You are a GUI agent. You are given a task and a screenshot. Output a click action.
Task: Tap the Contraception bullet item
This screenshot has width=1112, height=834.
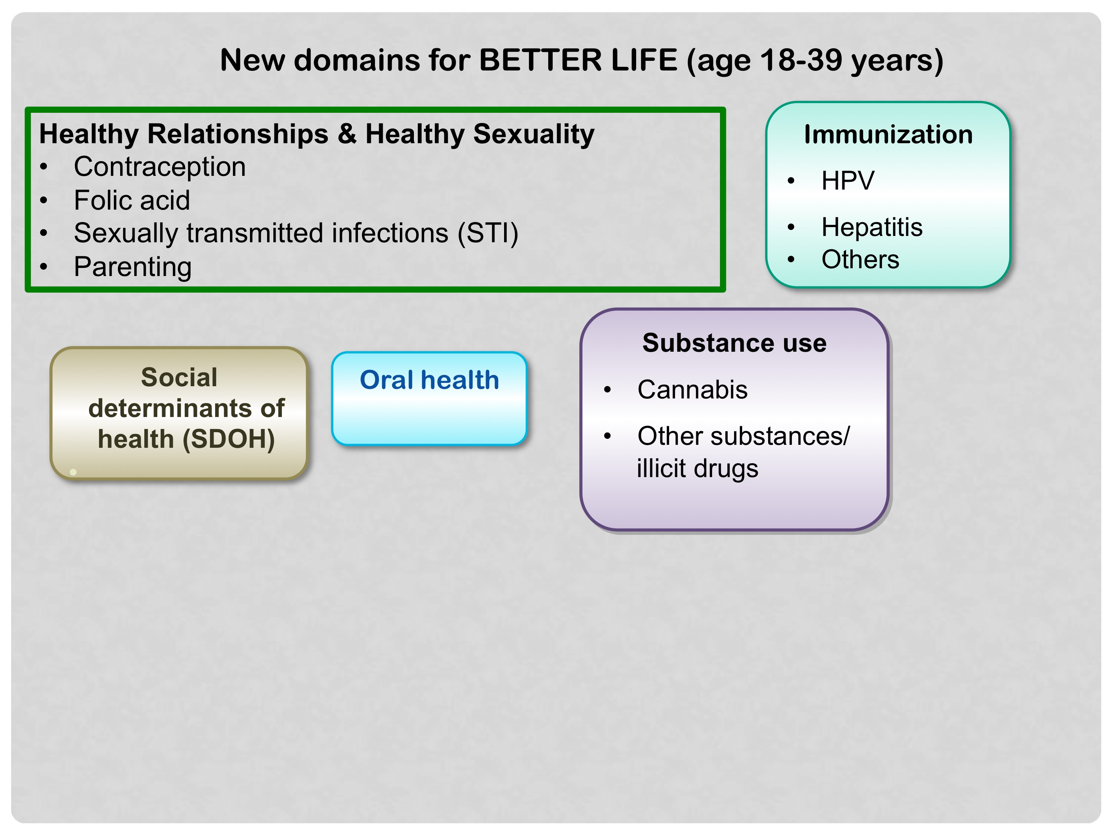tap(160, 167)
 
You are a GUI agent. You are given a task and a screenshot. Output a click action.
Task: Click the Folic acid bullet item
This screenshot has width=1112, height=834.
tap(132, 200)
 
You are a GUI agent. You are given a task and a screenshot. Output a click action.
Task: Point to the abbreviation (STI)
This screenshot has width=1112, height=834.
tap(488, 233)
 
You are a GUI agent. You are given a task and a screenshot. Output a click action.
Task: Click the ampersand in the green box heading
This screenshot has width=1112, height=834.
tap(347, 134)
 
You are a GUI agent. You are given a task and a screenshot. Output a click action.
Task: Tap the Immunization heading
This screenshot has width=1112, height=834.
tap(888, 135)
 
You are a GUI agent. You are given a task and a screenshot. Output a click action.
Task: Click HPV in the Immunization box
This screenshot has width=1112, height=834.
tap(848, 180)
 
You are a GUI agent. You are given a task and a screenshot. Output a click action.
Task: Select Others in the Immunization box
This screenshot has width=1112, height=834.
tap(860, 259)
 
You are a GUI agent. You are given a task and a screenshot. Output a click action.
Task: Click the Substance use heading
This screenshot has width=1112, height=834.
tap(734, 343)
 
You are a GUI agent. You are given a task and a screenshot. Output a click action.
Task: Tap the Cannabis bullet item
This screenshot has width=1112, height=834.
tap(692, 390)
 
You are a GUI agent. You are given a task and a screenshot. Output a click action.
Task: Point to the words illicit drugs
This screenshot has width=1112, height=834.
tap(697, 469)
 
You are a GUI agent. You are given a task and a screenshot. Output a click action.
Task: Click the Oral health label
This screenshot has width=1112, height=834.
tap(429, 380)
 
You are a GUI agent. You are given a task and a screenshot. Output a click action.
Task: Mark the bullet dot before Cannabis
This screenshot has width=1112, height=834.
tap(607, 390)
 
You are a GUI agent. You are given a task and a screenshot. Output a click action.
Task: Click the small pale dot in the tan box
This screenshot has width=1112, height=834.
tap(73, 472)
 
